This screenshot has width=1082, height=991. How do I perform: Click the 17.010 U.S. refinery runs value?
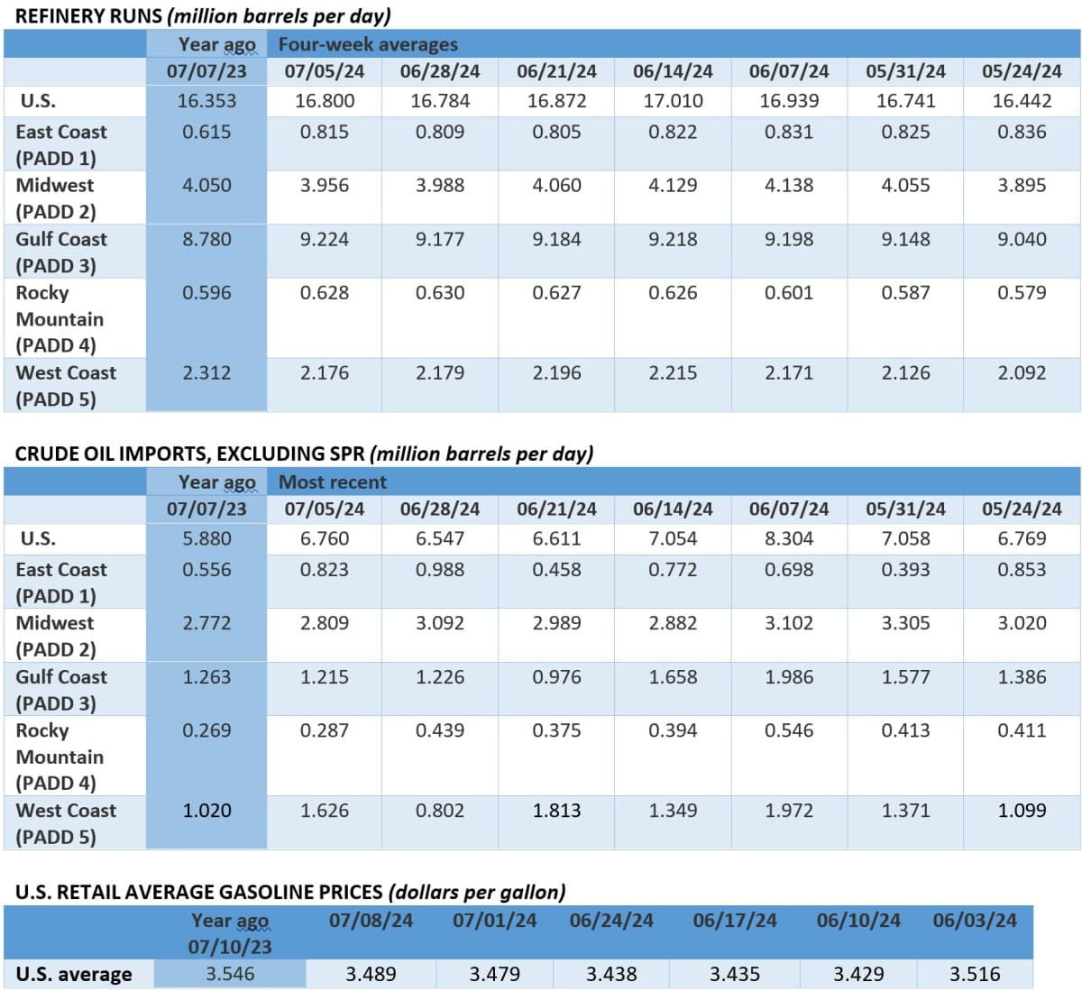(673, 101)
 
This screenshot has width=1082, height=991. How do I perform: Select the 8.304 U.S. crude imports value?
(789, 538)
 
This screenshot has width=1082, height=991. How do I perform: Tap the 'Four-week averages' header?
(367, 44)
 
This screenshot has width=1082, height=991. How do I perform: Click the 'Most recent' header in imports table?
(332, 482)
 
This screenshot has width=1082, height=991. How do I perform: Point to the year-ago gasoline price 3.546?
(230, 974)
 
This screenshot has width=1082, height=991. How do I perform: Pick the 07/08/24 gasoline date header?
(371, 921)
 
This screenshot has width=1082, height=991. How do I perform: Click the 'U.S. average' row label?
(74, 974)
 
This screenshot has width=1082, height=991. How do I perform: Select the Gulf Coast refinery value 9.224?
(325, 239)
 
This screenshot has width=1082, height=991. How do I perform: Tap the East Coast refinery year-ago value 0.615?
(206, 132)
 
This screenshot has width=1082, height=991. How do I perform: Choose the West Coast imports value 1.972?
(789, 811)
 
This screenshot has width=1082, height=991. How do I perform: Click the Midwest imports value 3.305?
(905, 623)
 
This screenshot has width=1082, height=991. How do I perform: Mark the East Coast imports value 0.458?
(556, 570)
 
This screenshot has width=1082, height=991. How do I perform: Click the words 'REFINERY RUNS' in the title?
(88, 16)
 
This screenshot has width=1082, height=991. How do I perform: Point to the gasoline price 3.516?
(975, 974)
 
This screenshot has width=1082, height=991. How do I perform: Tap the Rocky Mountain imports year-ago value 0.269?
(206, 730)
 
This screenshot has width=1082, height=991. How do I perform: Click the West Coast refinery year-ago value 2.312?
(206, 372)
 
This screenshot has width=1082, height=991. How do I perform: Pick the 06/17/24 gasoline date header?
(734, 921)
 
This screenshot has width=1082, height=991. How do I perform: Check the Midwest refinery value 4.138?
(789, 185)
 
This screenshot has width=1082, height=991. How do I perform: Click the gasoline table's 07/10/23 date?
(230, 947)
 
